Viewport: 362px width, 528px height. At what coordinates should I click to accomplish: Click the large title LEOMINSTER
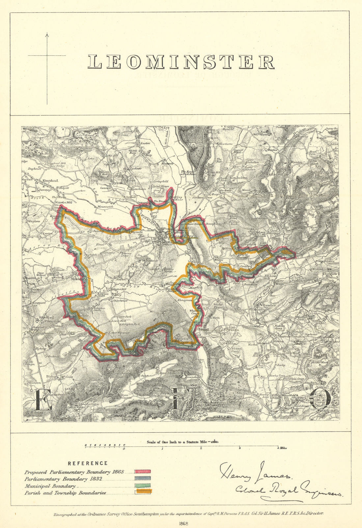[181, 62]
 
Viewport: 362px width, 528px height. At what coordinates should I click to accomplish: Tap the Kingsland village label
[50, 181]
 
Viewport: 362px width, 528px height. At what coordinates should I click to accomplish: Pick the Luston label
[145, 144]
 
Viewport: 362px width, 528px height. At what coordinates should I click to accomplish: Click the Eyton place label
[117, 182]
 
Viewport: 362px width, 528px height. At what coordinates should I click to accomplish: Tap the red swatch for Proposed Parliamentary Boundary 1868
[142, 472]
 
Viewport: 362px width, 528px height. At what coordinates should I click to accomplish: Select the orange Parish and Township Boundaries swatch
[142, 491]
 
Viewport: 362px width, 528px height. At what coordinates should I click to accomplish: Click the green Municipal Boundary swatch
[142, 485]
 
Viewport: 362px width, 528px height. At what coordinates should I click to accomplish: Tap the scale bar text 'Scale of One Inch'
[168, 442]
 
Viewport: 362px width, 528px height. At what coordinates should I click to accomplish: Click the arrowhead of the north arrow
[47, 34]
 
